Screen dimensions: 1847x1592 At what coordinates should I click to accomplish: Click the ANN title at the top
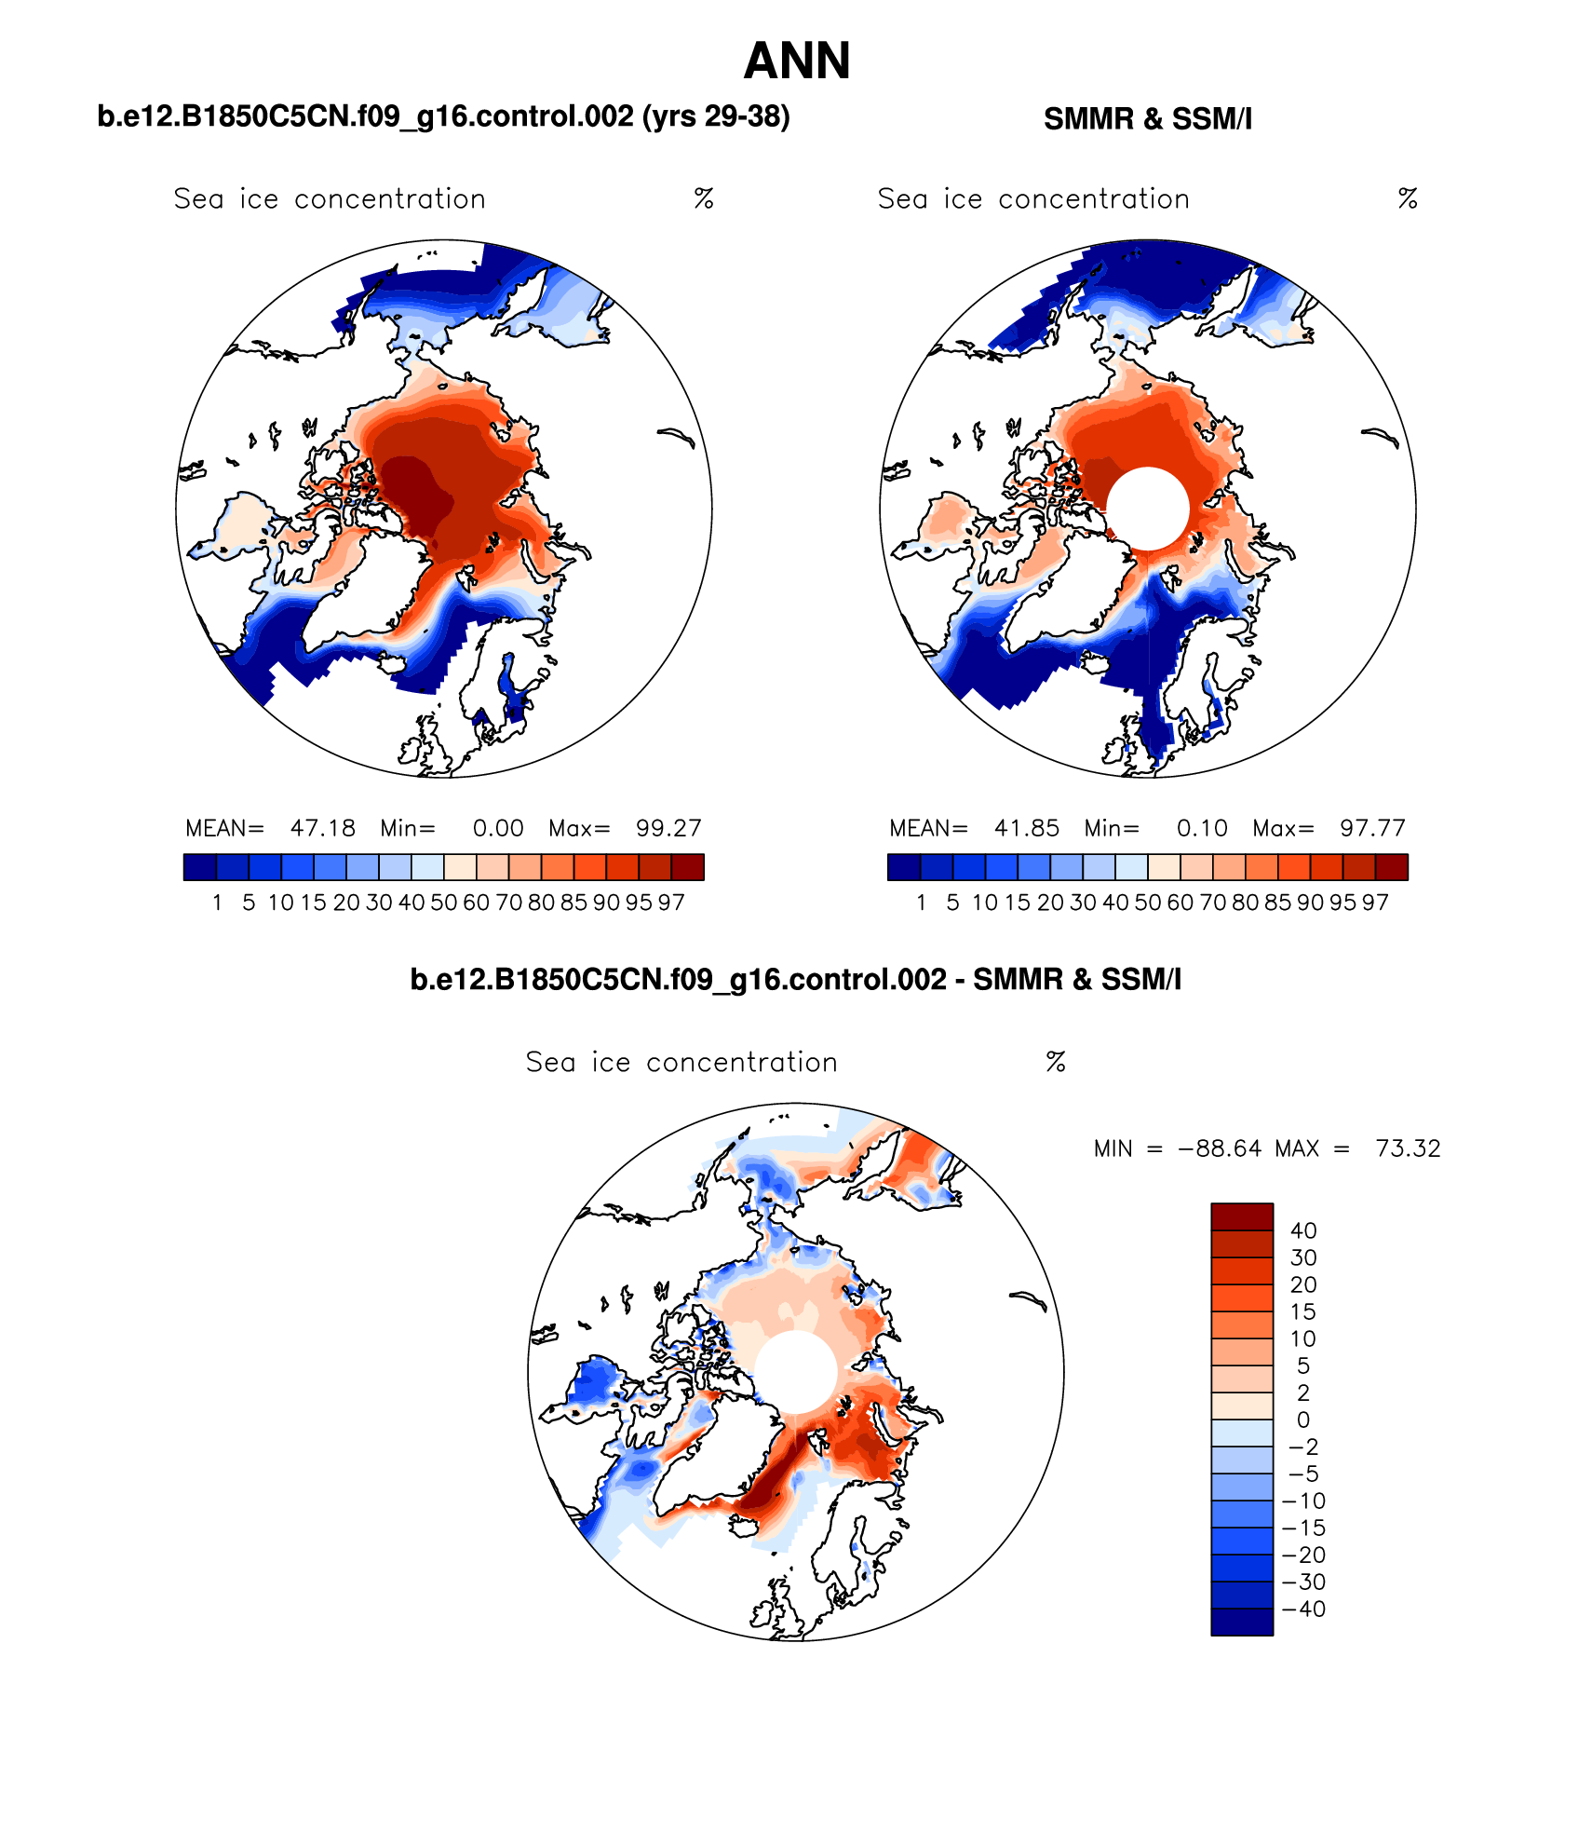(x=797, y=61)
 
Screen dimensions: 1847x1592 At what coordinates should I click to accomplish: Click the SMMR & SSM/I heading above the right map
(x=1147, y=119)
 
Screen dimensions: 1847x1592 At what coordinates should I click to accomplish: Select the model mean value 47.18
(x=322, y=828)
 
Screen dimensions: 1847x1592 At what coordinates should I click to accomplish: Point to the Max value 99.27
(x=668, y=828)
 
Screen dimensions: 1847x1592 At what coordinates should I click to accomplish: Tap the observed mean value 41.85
(x=1026, y=828)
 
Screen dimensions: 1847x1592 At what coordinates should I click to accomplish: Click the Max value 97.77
(x=1372, y=828)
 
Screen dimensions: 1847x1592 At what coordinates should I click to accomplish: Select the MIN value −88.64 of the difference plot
(x=1220, y=1148)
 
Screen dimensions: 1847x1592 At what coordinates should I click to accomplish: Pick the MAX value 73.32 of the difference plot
(x=1408, y=1148)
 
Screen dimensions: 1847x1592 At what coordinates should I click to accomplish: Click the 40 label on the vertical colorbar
(x=1303, y=1230)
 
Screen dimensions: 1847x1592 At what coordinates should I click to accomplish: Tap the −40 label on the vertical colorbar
(x=1303, y=1609)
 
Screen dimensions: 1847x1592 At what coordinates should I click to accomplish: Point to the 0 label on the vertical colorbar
(x=1303, y=1419)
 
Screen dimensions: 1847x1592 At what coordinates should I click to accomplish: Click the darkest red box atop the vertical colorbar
(x=1241, y=1216)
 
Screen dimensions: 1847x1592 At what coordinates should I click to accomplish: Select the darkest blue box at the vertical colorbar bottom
(x=1241, y=1622)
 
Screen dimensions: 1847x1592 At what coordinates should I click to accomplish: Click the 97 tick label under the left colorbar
(x=671, y=903)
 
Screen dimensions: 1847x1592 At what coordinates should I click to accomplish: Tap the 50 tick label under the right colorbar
(x=1148, y=903)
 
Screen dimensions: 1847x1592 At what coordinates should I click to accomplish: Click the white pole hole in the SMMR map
(x=1148, y=509)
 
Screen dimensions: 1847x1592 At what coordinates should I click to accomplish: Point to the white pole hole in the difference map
(x=795, y=1372)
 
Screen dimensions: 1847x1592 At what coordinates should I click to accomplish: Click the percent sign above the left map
(x=704, y=198)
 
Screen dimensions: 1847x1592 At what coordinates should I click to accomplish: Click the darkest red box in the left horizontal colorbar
(x=687, y=867)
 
